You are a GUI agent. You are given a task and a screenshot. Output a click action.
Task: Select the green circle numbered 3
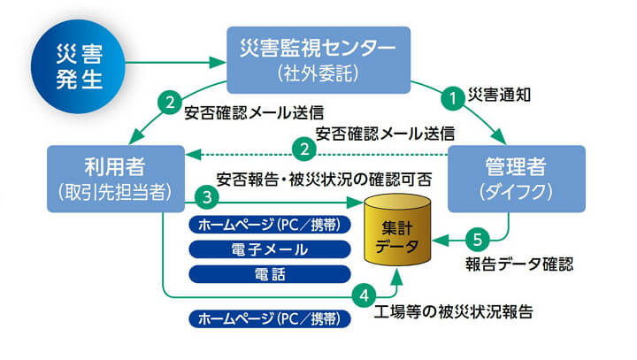click(x=205, y=197)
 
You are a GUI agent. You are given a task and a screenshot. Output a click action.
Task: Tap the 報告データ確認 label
click(x=519, y=264)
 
